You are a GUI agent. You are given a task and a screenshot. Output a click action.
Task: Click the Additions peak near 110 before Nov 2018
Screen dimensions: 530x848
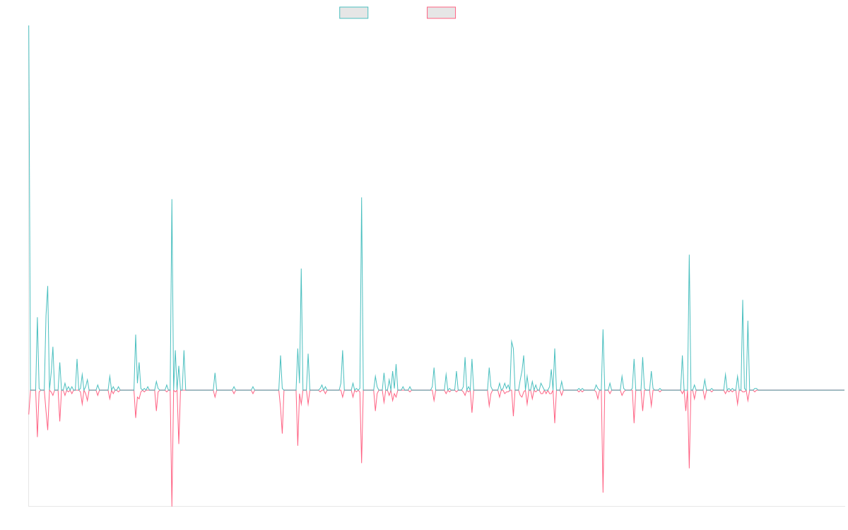(171, 199)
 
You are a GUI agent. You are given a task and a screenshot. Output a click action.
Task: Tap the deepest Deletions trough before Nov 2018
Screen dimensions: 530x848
(172, 505)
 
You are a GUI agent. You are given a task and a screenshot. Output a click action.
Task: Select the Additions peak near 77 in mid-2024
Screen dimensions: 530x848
(688, 256)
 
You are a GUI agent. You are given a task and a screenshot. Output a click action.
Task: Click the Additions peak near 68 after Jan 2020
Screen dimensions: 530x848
(301, 269)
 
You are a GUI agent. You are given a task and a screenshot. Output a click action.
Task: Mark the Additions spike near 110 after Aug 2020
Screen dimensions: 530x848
(361, 198)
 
